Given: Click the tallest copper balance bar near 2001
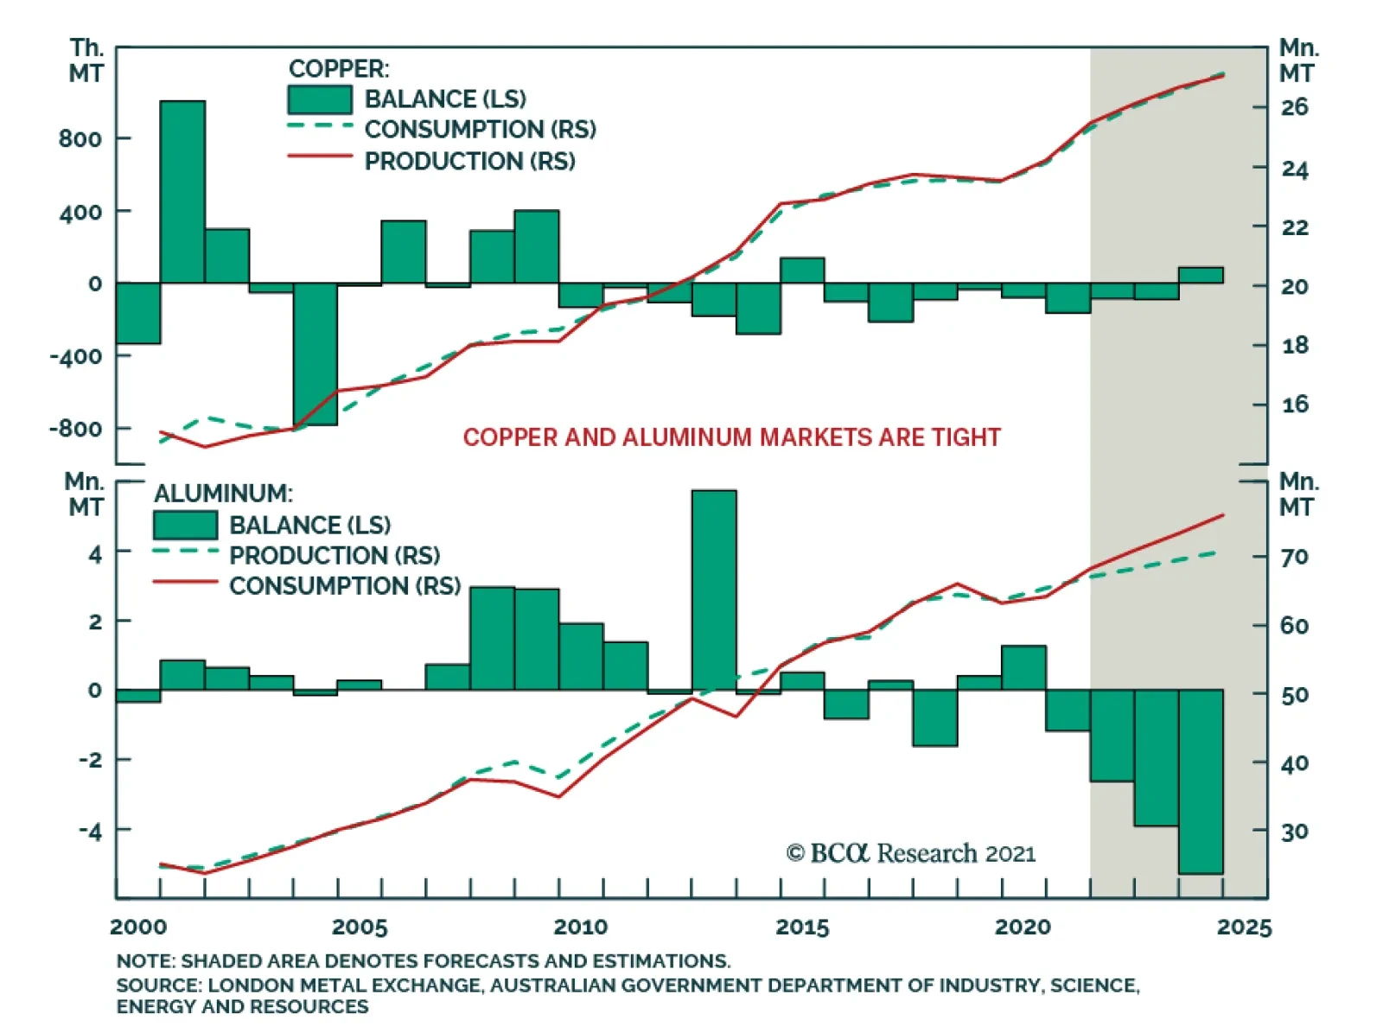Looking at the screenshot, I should coord(182,192).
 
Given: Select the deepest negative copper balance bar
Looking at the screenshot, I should coord(315,354).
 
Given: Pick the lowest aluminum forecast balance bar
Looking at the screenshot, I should coord(1201,781).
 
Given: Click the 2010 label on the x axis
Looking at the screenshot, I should coord(581,928).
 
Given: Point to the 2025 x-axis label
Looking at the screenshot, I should coord(1244,928).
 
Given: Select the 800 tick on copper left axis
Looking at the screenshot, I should coord(80,138).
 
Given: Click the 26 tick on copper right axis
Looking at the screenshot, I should coord(1294,107).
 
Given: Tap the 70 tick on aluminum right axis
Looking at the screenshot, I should coord(1294,558).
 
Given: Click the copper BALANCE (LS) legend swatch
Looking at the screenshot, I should coord(320,99).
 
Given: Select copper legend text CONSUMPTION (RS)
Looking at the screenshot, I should coord(480,130).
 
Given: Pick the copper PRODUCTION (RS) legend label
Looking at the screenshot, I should coord(469,162).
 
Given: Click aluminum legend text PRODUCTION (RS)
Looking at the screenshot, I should coord(335,555).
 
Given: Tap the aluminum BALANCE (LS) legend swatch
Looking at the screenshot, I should coord(185,525).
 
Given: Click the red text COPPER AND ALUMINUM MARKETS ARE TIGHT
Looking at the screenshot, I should coord(731,437).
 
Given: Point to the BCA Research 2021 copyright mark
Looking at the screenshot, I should coord(910,853).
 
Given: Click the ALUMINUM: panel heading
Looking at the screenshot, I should coord(223,494).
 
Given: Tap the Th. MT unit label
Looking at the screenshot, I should coord(86,61).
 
